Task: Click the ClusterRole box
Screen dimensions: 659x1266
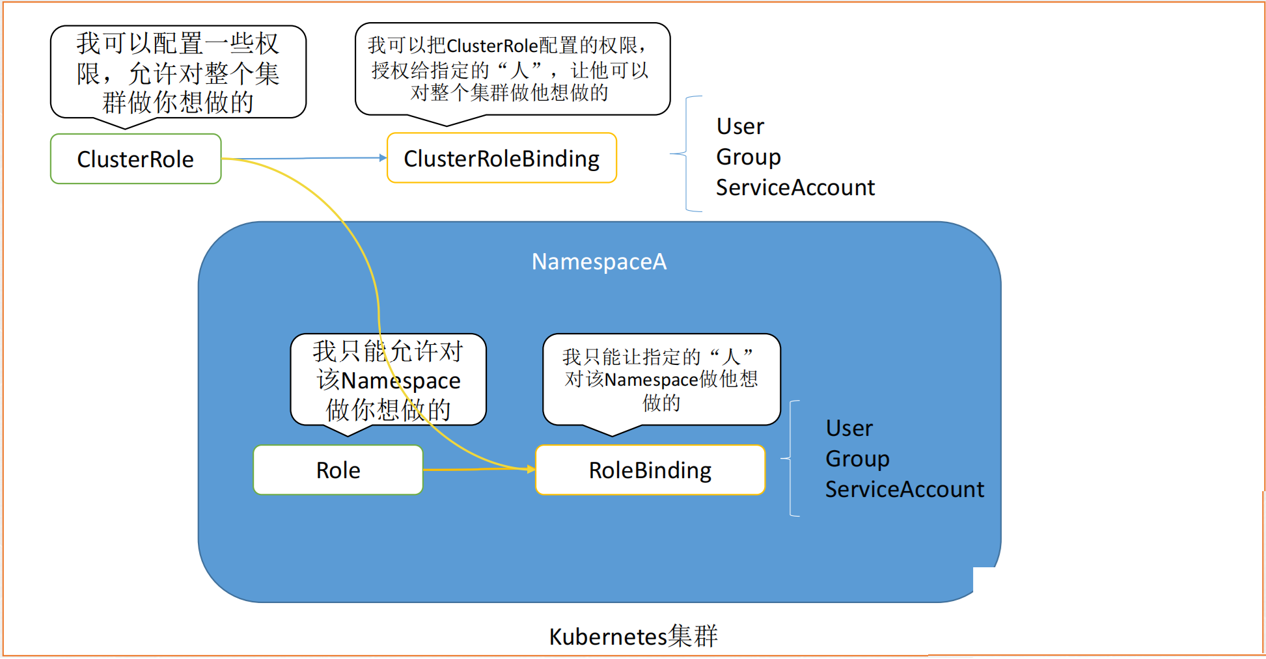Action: point(135,159)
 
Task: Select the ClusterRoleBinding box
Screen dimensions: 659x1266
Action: point(501,158)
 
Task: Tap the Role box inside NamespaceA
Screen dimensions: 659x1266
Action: point(338,470)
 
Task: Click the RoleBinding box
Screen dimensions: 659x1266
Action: point(650,470)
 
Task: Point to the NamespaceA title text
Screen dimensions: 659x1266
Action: point(599,262)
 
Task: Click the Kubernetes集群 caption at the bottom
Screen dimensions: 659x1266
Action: point(633,636)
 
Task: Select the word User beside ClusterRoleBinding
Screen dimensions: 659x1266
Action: point(740,126)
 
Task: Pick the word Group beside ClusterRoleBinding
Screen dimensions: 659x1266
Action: point(749,157)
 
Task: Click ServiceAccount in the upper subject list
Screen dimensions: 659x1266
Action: point(795,187)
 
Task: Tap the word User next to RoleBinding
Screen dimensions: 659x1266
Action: point(849,428)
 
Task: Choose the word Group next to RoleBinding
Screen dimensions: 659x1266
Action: point(857,459)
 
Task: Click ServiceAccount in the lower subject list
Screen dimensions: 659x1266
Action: point(904,489)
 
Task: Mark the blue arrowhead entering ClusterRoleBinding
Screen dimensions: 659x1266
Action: point(383,157)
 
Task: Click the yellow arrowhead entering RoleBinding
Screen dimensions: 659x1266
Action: point(531,468)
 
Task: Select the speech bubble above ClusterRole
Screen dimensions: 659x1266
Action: point(178,72)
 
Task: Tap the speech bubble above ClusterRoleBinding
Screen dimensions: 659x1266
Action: point(512,69)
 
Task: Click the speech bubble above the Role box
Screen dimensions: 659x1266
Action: point(388,380)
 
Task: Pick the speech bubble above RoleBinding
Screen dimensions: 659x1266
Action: point(661,379)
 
